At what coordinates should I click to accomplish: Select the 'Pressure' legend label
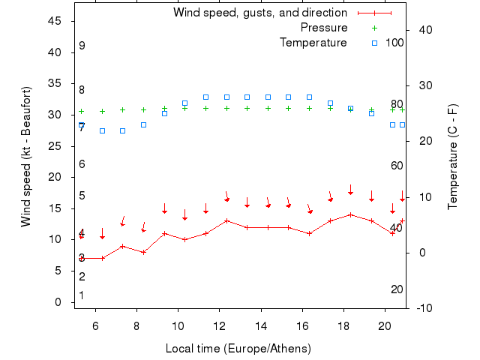click(324, 28)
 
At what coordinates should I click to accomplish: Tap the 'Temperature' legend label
click(313, 43)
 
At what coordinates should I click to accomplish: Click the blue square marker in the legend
click(375, 43)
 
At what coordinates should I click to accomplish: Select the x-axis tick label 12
click(219, 326)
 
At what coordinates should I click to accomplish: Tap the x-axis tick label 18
click(343, 326)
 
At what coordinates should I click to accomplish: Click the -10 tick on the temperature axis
click(424, 308)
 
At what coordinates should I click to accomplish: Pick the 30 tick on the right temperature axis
click(424, 85)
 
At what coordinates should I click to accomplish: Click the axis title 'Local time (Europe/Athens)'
click(238, 349)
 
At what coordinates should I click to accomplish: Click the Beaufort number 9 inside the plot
click(82, 46)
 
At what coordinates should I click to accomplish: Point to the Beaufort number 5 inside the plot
click(82, 196)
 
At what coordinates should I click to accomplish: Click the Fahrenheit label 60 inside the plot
click(397, 166)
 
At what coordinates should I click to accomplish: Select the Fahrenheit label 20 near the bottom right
click(397, 289)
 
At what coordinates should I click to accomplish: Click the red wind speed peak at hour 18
click(350, 214)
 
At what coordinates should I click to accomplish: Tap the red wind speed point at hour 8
click(143, 252)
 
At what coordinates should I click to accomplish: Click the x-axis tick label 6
click(95, 326)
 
